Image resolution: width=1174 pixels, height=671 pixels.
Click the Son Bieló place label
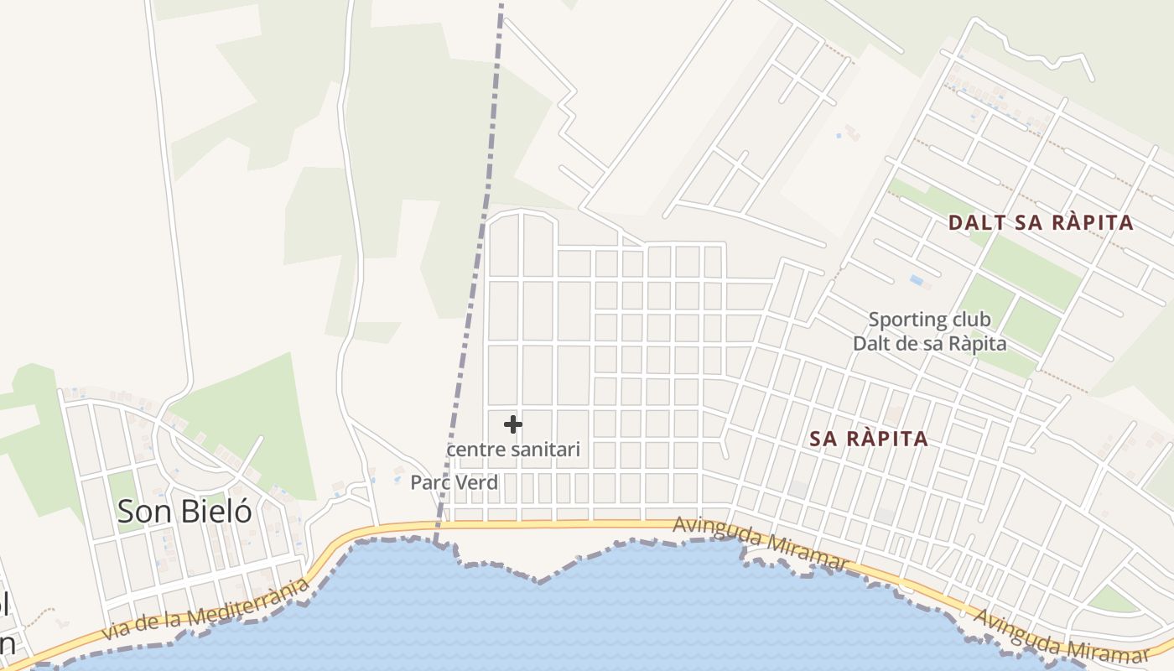coord(184,511)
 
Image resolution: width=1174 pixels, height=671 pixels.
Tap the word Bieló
coord(214,511)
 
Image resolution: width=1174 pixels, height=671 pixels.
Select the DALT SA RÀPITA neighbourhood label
coord(1041,223)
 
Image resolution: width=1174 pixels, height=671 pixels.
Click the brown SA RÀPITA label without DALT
coord(870,439)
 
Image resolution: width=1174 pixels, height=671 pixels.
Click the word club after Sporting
coord(971,320)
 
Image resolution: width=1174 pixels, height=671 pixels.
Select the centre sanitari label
coord(513,450)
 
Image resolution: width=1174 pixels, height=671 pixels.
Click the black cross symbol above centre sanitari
coord(513,425)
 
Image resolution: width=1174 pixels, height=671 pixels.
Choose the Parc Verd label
coord(454,483)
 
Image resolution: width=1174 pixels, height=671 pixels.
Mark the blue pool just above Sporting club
coord(916,280)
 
